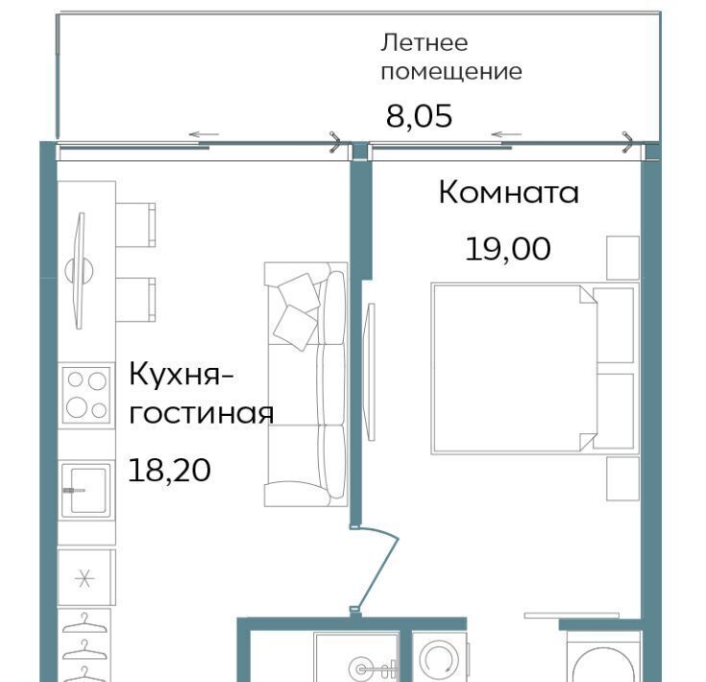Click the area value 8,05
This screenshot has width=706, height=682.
(x=419, y=116)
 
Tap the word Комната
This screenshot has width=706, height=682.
(x=508, y=192)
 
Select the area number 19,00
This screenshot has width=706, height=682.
(x=507, y=249)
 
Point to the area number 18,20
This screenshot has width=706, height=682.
(x=170, y=471)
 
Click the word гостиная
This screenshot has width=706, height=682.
(x=202, y=413)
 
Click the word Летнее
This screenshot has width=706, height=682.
(x=425, y=43)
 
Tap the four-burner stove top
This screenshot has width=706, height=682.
(x=86, y=395)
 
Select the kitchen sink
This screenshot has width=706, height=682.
(x=85, y=490)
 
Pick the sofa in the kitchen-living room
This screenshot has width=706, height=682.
(x=305, y=384)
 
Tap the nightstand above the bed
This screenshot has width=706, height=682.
(x=622, y=258)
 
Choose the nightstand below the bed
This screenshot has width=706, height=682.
(x=622, y=478)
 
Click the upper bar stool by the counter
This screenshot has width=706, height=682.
(x=135, y=225)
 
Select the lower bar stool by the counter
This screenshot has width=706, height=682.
(x=135, y=300)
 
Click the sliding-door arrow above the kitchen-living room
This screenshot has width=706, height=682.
(x=204, y=134)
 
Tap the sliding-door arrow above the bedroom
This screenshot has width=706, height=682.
(x=506, y=134)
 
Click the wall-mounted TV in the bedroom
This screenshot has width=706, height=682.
(x=371, y=372)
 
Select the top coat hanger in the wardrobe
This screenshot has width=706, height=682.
(x=85, y=623)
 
